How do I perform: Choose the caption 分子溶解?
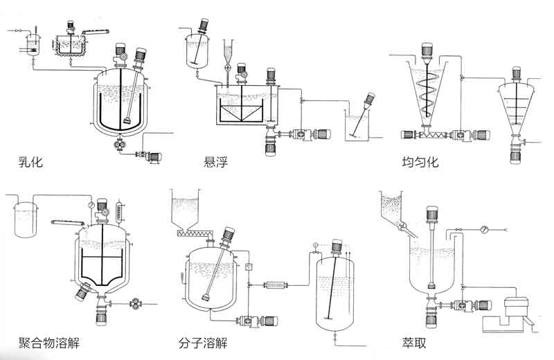(x=202, y=343)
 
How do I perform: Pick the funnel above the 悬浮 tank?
(x=226, y=51)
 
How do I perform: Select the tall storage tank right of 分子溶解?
(x=334, y=291)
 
